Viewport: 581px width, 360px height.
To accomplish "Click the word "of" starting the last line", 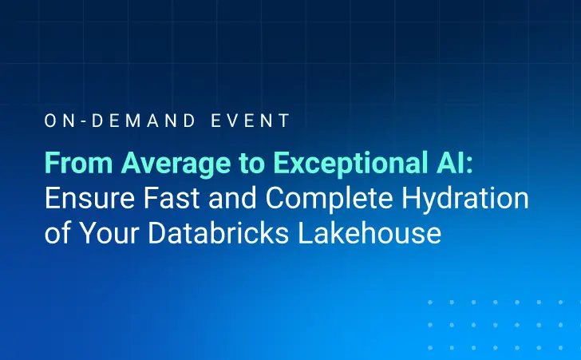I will click(x=54, y=235).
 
